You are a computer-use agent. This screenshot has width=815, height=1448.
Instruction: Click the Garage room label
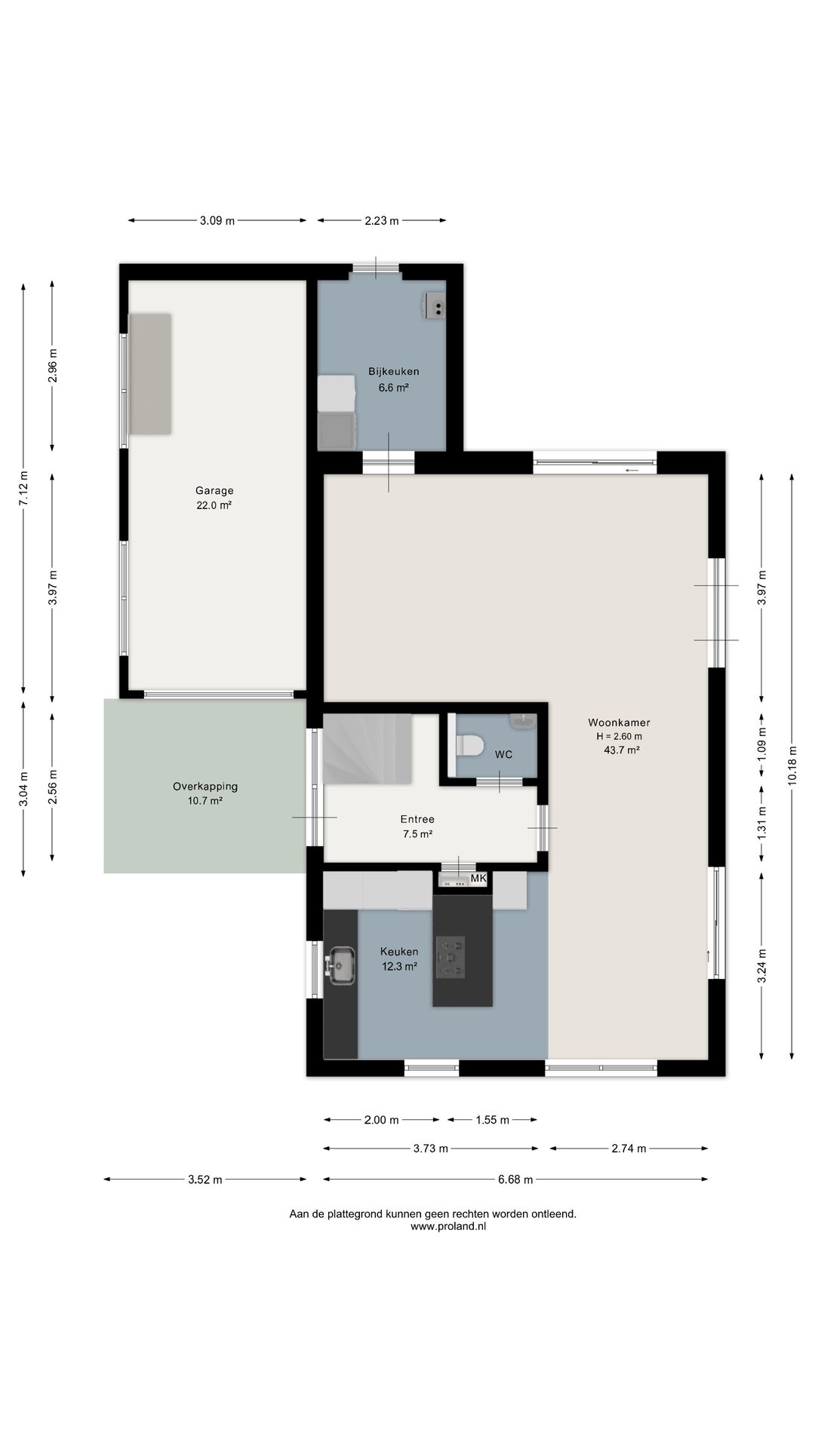coord(214,490)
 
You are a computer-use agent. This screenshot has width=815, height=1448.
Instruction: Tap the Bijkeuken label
coord(394,371)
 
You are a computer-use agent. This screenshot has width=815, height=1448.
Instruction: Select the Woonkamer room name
coord(619,722)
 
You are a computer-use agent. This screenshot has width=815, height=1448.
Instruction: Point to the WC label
coord(503,754)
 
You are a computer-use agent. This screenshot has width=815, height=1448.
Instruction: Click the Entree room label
coord(417,819)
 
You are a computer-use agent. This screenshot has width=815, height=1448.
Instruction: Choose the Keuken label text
coord(399,952)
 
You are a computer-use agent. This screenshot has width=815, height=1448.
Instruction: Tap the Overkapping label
coord(205,786)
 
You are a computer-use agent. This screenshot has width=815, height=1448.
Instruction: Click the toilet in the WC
coord(470,746)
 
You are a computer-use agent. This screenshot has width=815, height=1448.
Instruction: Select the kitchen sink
coord(340,965)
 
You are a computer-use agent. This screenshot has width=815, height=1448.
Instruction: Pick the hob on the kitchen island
coord(451,957)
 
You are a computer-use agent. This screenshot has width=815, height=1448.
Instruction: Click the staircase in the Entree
coord(368,748)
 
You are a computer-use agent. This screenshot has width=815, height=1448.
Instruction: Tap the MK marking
coord(478,879)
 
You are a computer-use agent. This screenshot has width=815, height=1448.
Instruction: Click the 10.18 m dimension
coord(792,766)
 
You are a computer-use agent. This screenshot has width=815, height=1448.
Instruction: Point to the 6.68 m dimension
coord(515,1180)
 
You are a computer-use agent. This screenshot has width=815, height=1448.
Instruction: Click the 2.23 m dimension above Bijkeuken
coord(381,221)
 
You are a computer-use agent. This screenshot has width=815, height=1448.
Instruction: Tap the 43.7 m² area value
coord(622,750)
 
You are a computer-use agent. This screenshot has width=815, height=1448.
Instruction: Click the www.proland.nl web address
coord(448,1226)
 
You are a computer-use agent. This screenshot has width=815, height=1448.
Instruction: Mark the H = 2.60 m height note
coord(619,736)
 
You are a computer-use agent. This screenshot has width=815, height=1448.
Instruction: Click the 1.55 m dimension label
coord(492,1120)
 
